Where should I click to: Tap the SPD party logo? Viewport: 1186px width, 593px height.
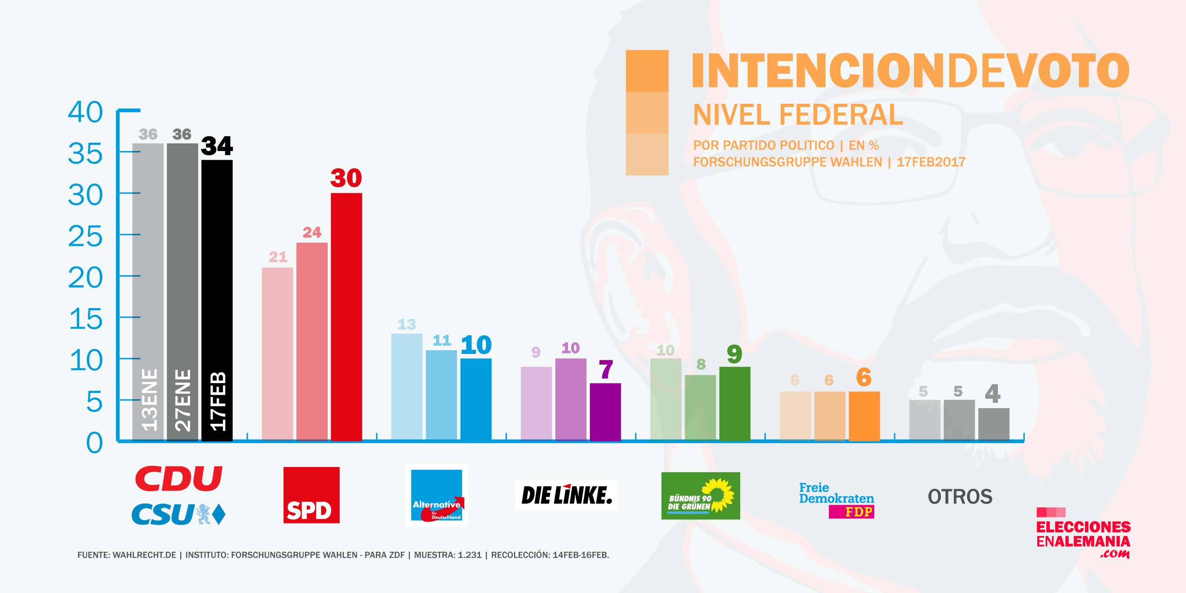[x=311, y=495]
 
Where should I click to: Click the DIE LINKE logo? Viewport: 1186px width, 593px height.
[x=566, y=495]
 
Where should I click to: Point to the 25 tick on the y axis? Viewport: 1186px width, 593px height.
[x=85, y=236]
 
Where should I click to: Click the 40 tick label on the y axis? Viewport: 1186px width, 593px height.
[x=85, y=112]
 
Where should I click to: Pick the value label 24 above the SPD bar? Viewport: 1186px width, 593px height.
[x=312, y=232]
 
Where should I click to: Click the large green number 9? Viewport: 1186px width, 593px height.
[x=734, y=354]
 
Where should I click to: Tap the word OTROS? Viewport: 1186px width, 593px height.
[x=960, y=497]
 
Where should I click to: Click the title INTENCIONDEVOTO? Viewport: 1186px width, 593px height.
[x=910, y=70]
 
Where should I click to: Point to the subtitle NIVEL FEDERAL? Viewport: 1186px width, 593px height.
[x=798, y=115]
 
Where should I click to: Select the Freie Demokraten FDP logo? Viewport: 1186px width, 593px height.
[x=837, y=500]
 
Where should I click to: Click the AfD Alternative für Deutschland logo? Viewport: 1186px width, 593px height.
[x=436, y=495]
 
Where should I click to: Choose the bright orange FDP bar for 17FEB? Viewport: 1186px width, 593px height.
[x=864, y=416]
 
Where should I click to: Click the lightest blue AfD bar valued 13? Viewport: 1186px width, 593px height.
[x=407, y=387]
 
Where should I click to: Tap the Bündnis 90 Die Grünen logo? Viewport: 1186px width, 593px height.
[x=700, y=496]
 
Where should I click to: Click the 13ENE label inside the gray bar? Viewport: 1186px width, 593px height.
[x=149, y=400]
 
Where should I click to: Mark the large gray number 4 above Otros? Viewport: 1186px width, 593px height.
[x=993, y=394]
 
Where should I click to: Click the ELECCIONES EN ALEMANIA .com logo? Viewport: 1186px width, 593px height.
[x=1083, y=534]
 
